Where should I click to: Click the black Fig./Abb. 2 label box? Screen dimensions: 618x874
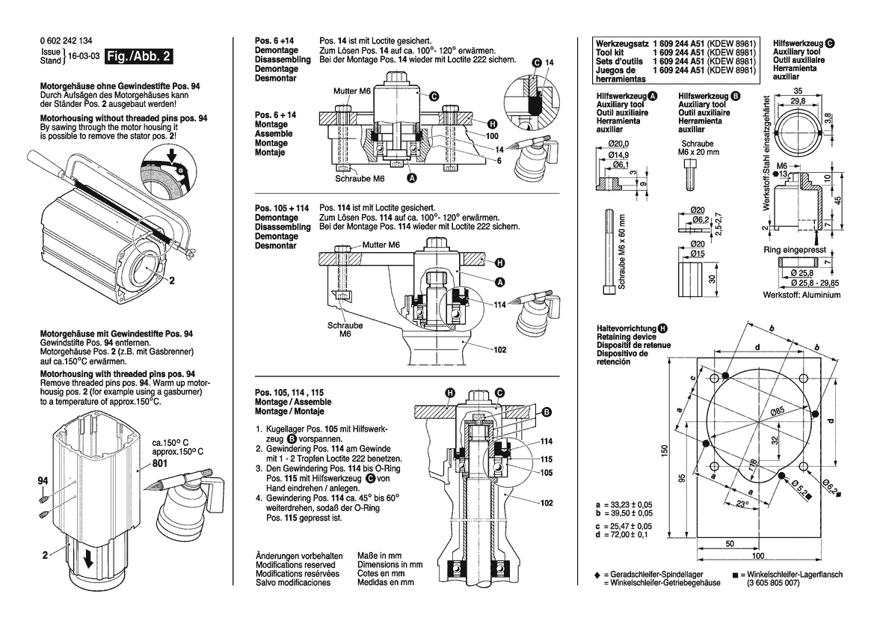click(x=140, y=58)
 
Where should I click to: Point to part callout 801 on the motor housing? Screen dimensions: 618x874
click(x=161, y=463)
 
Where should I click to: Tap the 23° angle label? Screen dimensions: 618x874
click(x=741, y=505)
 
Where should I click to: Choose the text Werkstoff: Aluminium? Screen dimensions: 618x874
click(x=801, y=295)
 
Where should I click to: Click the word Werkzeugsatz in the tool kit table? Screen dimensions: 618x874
click(x=621, y=44)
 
